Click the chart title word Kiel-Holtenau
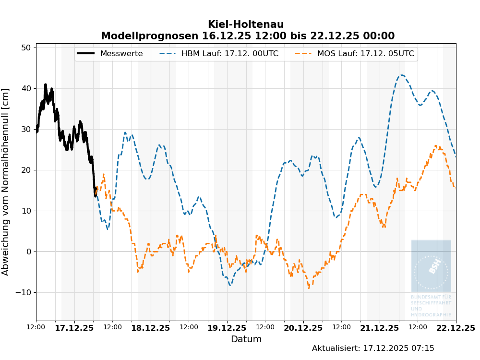point(245,24)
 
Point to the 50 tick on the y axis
point(26,48)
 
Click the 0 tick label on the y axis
point(29,252)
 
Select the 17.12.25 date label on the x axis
point(74,328)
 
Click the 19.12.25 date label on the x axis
point(227,328)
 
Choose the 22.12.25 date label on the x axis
point(456,328)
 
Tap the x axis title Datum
point(246,339)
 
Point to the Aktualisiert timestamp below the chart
point(373,348)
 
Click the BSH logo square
point(431,265)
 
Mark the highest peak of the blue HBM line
point(402,75)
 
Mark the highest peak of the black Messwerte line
point(46,84)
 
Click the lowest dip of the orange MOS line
point(309,288)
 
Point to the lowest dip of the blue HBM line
point(230,285)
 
